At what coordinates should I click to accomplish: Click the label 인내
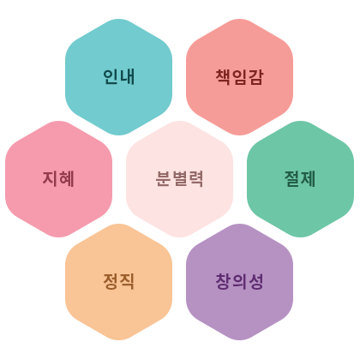pos(118,77)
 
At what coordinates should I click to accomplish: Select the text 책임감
pos(239,77)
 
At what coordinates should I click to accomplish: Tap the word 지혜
pos(58,179)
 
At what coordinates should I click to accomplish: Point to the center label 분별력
pos(179,179)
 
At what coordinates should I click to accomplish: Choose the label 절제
pos(300,179)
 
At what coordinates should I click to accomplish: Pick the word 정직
pos(118,281)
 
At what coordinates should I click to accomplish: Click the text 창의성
pos(239,281)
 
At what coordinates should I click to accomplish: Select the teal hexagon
pos(118,77)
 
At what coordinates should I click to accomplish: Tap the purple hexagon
pos(239,282)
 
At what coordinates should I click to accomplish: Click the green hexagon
pos(300,179)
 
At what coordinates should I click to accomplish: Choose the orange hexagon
pos(118,282)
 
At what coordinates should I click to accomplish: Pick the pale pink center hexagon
pos(179,179)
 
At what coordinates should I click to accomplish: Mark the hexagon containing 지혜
pos(58,179)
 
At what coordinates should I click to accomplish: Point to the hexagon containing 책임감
pos(239,77)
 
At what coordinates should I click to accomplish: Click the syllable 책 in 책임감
pos(223,77)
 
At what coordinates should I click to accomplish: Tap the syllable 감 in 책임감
pos(255,77)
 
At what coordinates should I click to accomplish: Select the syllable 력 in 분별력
pos(195,179)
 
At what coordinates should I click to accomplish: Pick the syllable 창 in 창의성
pos(223,281)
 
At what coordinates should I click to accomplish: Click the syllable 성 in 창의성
pos(255,281)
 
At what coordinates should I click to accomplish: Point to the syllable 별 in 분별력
pos(179,179)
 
